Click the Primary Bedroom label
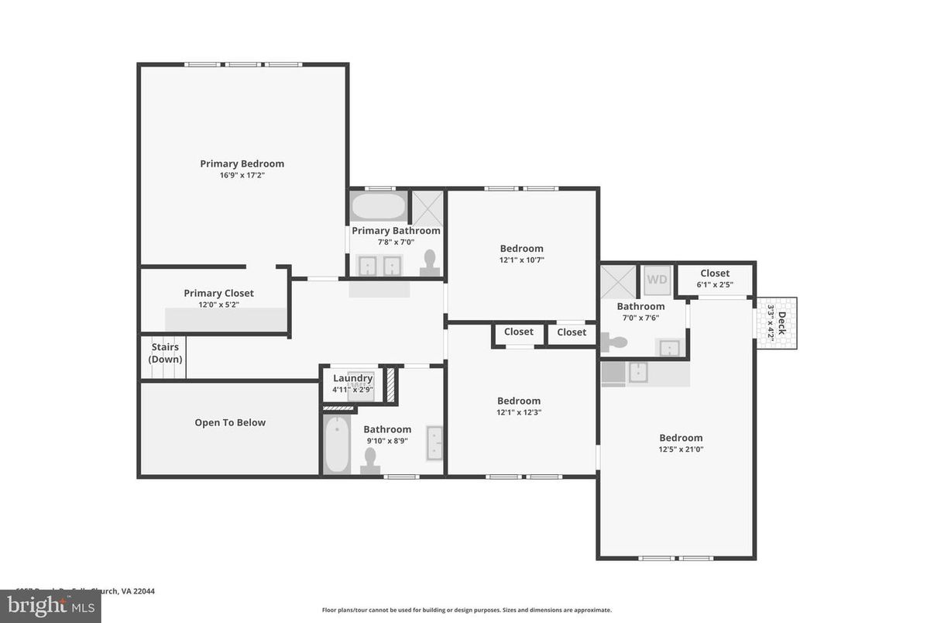pyautogui.click(x=242, y=163)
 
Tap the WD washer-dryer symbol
pyautogui.click(x=657, y=280)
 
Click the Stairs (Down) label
pyautogui.click(x=165, y=353)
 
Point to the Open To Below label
pyautogui.click(x=230, y=422)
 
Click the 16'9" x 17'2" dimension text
pyautogui.click(x=242, y=175)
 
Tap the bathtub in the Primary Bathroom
pyautogui.click(x=379, y=207)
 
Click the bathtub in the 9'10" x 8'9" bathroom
pyautogui.click(x=337, y=446)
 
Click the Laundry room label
pyautogui.click(x=352, y=378)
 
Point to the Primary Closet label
pyautogui.click(x=218, y=293)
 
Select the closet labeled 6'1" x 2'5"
pyautogui.click(x=715, y=279)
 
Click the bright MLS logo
pyautogui.click(x=50, y=606)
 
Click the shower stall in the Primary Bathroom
pyautogui.click(x=428, y=207)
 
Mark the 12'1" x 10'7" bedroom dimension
pyautogui.click(x=521, y=260)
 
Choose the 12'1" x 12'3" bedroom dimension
pyautogui.click(x=519, y=412)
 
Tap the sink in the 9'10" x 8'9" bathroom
pyautogui.click(x=434, y=443)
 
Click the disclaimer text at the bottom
pyautogui.click(x=466, y=610)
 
